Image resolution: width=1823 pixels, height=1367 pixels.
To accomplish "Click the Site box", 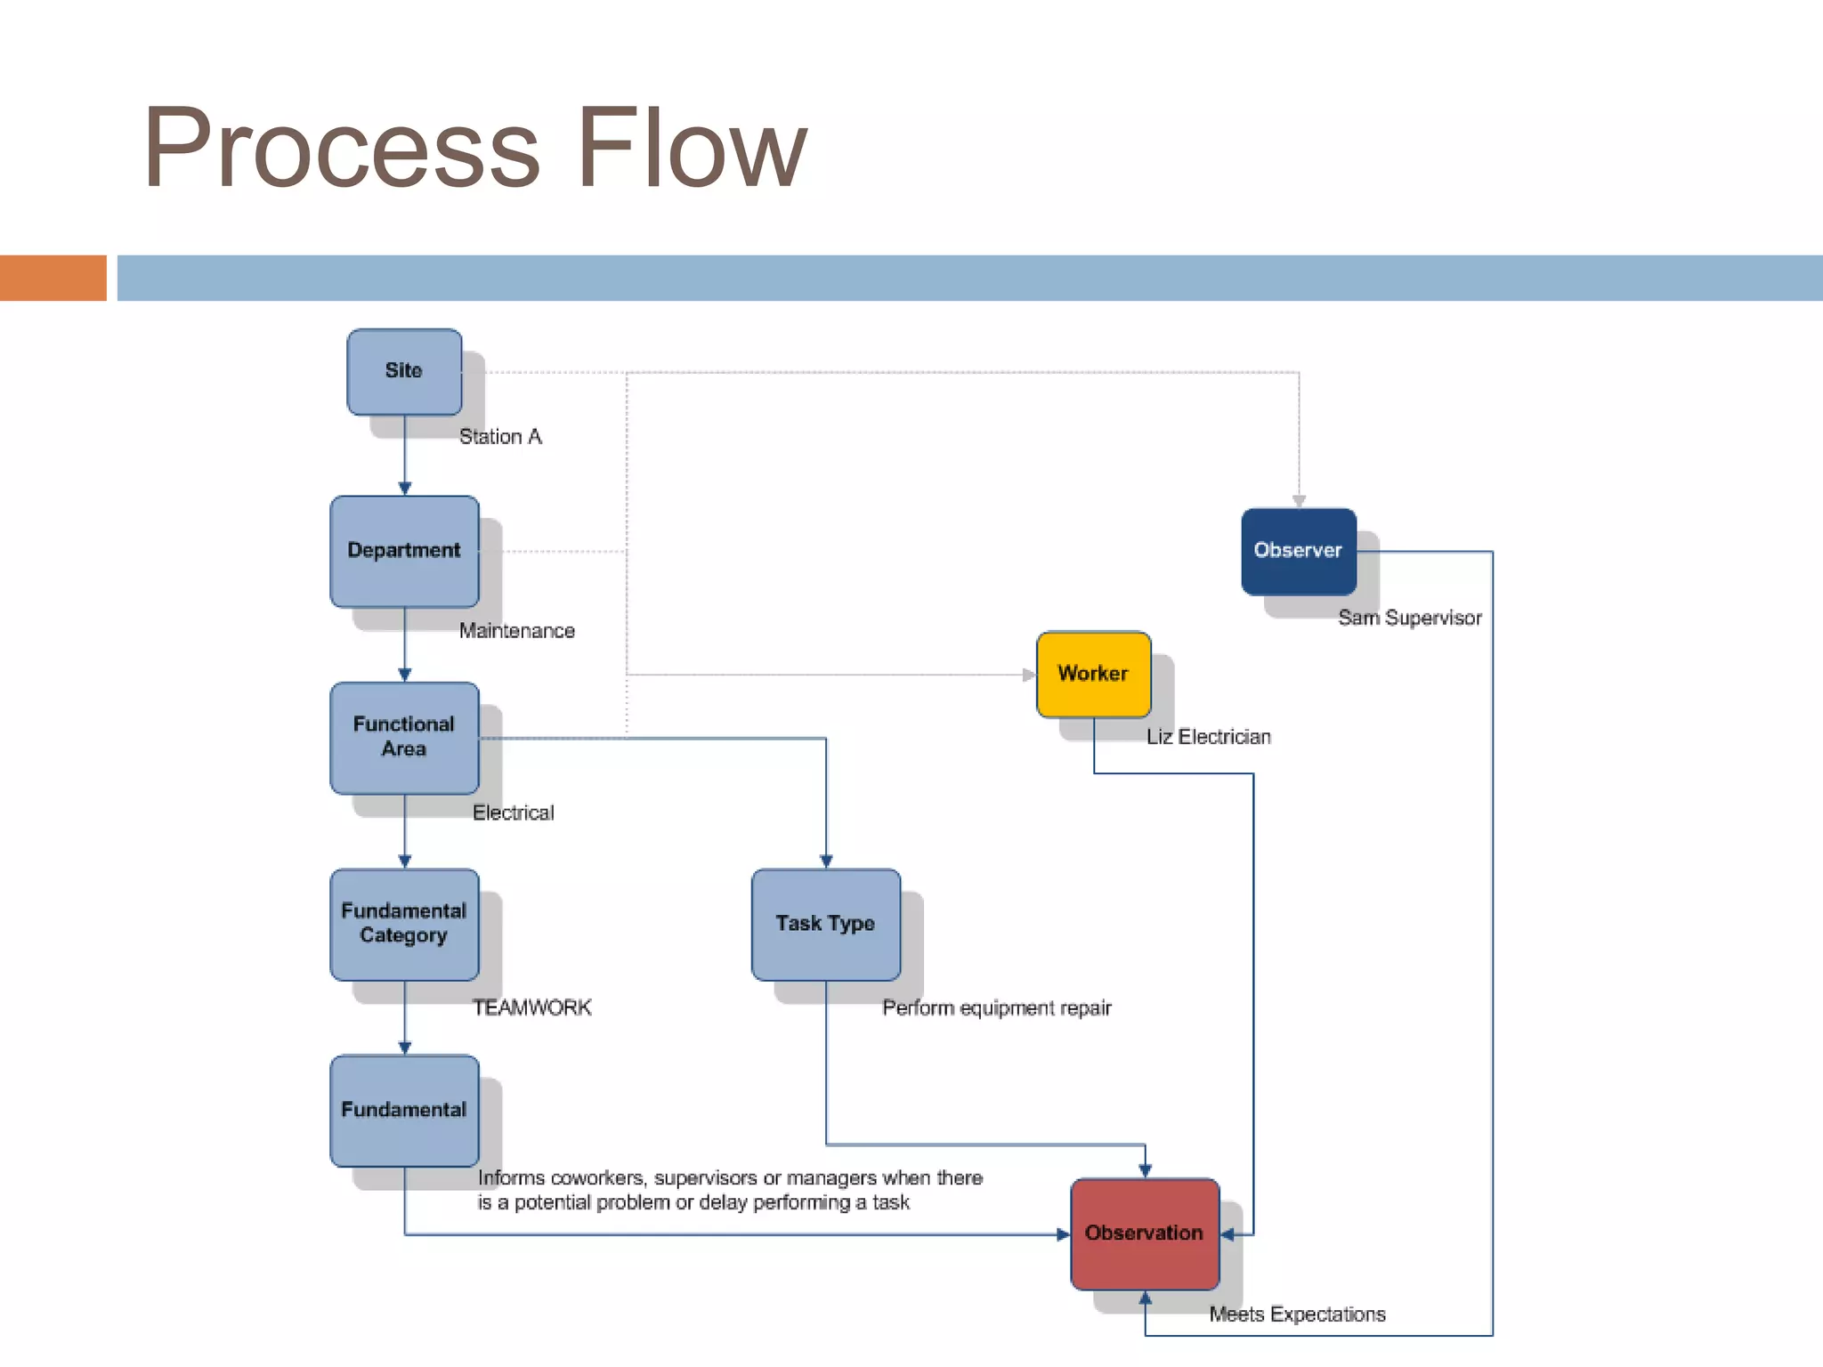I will pos(404,371).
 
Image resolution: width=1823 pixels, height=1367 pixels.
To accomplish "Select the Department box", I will pos(404,551).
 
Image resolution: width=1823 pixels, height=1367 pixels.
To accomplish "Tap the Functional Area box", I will pos(404,737).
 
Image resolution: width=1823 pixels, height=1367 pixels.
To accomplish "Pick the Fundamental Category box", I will pos(404,924).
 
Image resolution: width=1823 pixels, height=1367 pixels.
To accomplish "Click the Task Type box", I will pos(825,924).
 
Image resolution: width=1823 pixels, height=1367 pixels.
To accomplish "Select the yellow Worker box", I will pos(1093,674).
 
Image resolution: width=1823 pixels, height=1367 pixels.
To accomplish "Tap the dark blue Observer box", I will pos(1298,551).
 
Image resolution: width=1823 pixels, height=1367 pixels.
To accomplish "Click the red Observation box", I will pos(1145,1234).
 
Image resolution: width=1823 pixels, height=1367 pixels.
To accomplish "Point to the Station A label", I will pos(500,437).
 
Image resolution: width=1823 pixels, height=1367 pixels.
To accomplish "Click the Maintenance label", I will pos(516,631).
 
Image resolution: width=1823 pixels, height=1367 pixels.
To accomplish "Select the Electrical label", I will pos(513,813).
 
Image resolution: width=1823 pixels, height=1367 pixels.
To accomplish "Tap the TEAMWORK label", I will pos(531,1007).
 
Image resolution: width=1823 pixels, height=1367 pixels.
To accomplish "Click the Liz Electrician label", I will pos(1208,737).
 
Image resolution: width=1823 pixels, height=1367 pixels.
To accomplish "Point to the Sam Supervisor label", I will pos(1409,618).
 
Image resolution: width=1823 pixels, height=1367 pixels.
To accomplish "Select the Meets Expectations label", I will pos(1297,1314).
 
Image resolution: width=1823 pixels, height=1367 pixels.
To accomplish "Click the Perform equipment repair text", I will pos(996,1007).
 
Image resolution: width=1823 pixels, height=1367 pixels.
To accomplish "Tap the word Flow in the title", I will pos(692,148).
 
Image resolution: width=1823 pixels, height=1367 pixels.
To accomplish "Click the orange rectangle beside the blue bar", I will pos(53,278).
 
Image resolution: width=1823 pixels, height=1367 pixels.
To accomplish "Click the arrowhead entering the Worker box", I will pos(1029,675).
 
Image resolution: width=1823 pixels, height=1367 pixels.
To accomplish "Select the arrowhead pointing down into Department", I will pos(405,489).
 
